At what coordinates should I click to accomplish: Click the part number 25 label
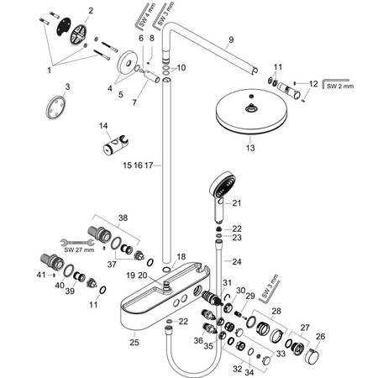134,342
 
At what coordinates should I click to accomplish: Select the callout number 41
40,275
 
